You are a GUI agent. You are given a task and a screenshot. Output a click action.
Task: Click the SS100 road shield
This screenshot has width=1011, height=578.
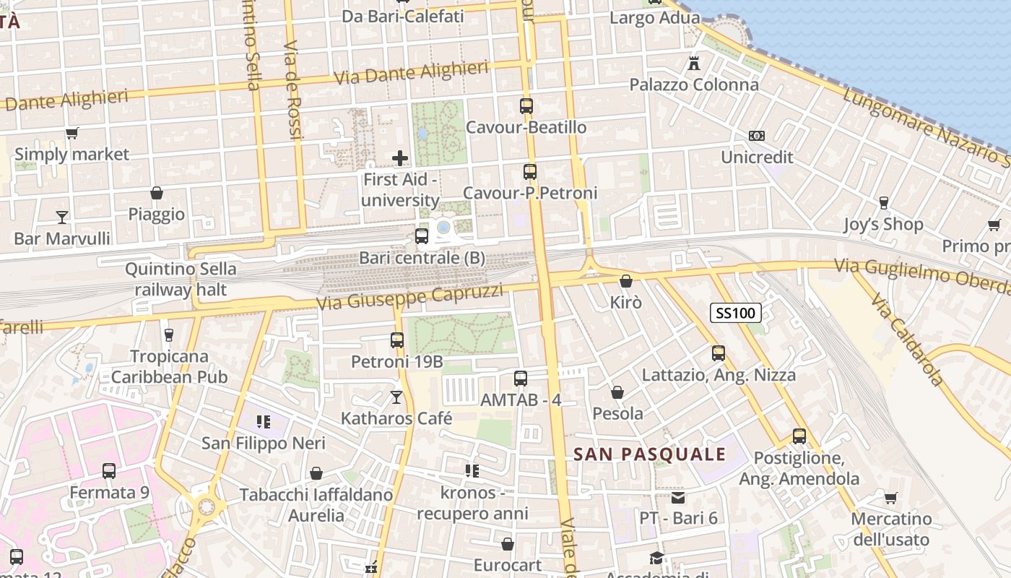736,313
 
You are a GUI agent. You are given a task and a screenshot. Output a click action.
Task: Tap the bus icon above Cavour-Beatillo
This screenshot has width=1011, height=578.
526,106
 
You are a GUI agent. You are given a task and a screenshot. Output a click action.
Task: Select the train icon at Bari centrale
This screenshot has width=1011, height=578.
422,236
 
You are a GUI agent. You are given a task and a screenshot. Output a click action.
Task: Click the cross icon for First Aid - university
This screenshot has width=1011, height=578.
400,158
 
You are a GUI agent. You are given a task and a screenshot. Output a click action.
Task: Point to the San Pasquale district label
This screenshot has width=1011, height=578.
649,454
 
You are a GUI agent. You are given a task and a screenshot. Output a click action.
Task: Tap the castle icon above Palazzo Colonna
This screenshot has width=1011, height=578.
694,63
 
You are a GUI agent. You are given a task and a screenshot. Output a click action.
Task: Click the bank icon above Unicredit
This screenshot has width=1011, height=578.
757,136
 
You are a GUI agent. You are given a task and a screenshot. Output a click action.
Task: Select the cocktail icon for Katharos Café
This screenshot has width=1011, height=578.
396,397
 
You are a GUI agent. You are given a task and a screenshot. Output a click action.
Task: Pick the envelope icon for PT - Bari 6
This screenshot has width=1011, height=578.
678,497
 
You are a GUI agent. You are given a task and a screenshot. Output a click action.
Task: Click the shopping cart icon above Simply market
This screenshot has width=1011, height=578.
71,133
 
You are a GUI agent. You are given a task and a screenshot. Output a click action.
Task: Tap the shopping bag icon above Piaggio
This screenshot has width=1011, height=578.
157,193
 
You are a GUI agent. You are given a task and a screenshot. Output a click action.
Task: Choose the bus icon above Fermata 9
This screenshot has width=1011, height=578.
109,471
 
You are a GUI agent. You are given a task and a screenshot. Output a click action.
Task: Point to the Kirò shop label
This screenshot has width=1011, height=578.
626,302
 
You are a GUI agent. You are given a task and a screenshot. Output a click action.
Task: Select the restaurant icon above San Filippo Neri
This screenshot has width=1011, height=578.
263,421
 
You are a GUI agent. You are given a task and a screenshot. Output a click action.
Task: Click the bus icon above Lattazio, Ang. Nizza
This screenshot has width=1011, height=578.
719,353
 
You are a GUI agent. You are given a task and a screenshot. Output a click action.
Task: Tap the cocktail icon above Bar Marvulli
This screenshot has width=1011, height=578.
62,217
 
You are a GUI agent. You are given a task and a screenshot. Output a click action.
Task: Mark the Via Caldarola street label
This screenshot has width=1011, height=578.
907,340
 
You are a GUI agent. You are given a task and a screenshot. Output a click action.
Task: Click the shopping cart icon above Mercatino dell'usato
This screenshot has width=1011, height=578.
890,498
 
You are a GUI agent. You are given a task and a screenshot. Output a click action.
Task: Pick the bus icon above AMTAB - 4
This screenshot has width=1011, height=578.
521,378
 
